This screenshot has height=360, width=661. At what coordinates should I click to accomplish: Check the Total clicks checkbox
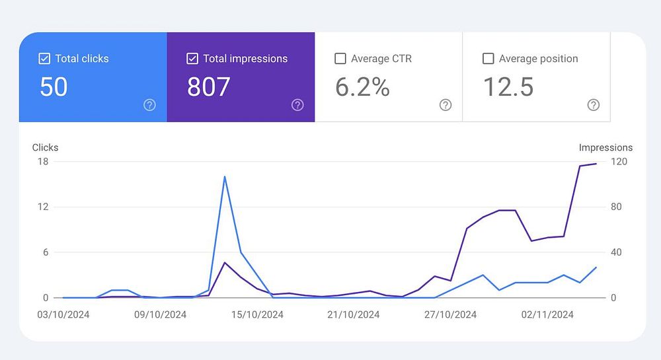44,59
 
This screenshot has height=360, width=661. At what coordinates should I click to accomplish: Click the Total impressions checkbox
192,59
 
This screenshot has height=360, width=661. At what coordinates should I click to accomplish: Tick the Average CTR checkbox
340,59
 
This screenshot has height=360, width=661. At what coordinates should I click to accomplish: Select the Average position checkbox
488,59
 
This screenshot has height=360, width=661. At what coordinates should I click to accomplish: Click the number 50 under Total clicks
54,87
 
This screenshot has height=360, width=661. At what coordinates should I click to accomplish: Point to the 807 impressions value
209,87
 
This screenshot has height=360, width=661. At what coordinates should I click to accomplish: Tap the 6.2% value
362,87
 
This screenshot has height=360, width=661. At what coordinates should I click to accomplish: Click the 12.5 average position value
508,87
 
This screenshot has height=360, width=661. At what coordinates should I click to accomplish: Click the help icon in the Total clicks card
150,105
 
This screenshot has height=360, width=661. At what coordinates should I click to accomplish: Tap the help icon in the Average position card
594,105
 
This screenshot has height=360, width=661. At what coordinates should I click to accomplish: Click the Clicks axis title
46,147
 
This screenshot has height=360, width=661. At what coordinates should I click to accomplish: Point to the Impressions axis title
605,147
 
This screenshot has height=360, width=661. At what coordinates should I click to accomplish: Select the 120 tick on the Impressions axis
619,161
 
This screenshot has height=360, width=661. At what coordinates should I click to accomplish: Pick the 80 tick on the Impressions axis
617,207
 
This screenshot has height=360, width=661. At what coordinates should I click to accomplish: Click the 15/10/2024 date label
257,314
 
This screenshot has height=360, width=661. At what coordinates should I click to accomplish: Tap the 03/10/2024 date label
63,314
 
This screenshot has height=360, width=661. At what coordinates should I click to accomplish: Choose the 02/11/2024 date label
548,314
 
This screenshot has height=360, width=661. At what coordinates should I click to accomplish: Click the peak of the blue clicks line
225,176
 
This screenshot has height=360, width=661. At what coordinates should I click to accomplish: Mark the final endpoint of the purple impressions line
596,163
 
